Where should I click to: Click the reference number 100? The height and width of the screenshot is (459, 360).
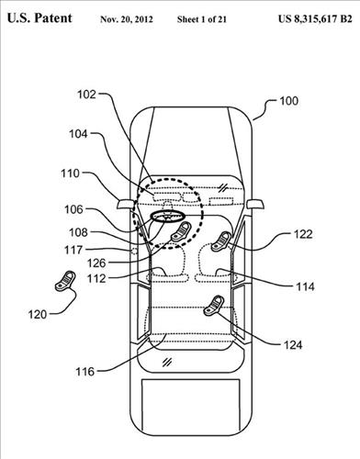pos(288,101)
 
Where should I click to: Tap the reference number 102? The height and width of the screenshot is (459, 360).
pos(86,95)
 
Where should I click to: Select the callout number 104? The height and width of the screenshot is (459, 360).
pos(78,134)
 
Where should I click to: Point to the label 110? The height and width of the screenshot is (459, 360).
pos(70,174)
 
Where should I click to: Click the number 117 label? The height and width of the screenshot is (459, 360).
pos(73,250)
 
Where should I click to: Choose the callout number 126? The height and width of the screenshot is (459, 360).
pos(96,263)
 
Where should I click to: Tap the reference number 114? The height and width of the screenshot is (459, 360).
pos(305,286)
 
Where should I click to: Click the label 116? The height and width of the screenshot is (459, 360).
pos(85,372)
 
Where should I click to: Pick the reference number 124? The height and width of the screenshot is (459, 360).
pos(293,345)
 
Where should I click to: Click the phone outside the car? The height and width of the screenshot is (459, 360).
pos(65,281)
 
